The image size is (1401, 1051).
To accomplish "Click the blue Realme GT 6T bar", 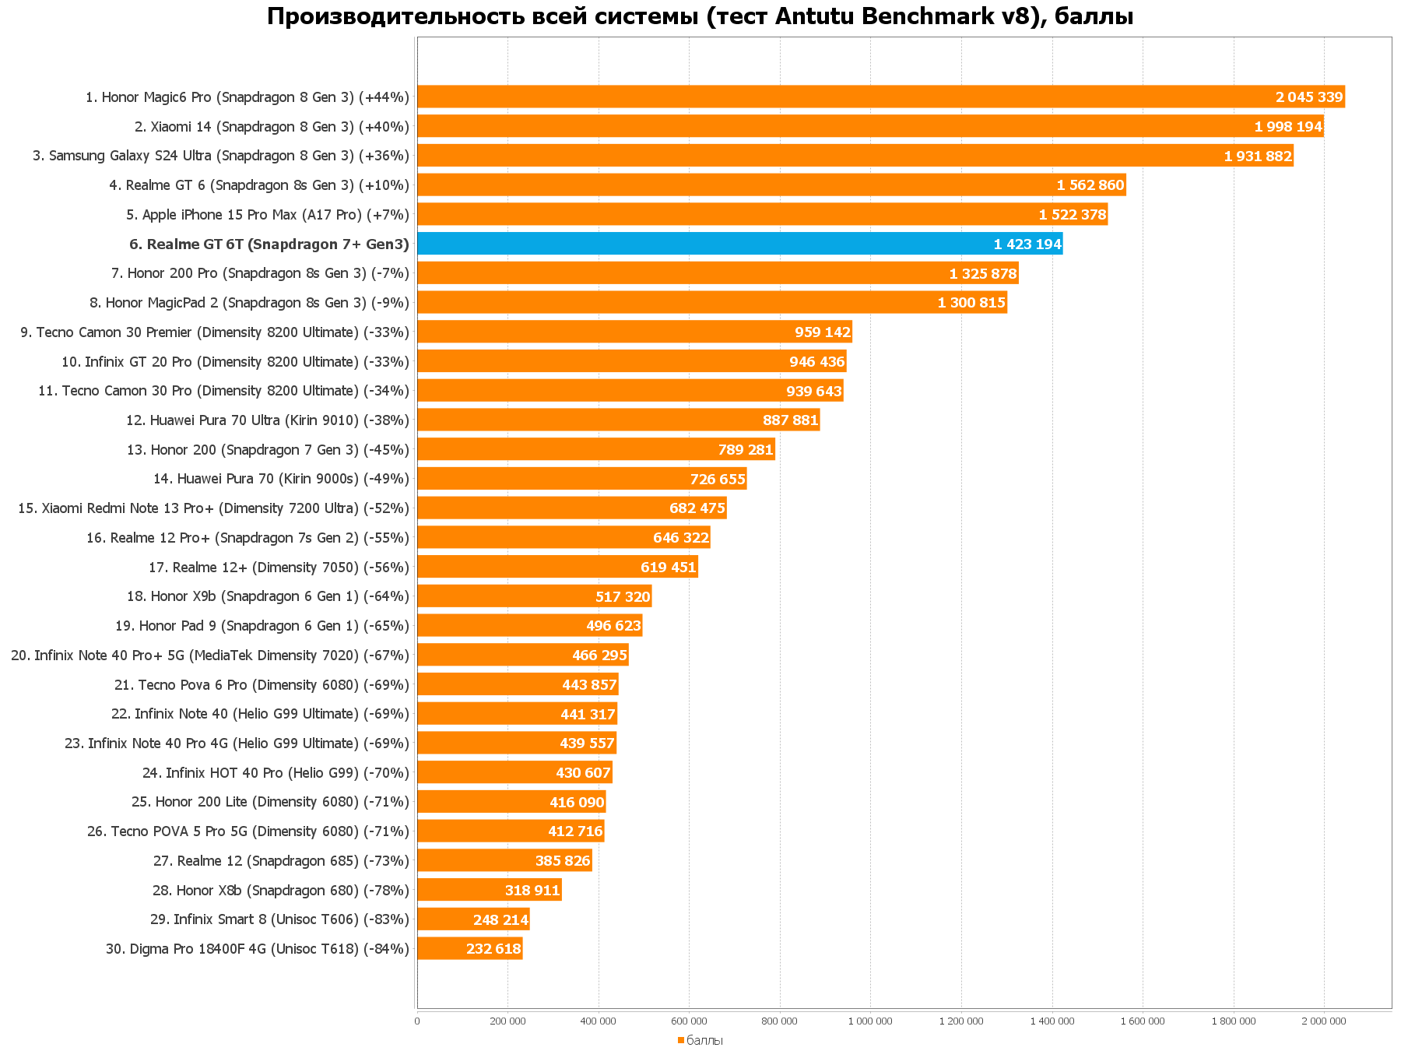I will tap(739, 244).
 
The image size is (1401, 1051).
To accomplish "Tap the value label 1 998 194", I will tap(1288, 127).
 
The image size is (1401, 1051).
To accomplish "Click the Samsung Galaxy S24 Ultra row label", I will tap(220, 156).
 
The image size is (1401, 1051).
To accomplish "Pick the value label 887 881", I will tap(790, 420).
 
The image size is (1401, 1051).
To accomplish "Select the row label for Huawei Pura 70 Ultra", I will tap(267, 420).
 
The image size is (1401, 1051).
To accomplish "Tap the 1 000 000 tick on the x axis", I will tap(870, 1021).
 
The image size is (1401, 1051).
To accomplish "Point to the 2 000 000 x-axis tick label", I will tap(1323, 1021).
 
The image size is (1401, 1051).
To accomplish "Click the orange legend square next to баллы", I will tap(680, 1040).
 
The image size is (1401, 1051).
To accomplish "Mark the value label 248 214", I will tap(500, 920).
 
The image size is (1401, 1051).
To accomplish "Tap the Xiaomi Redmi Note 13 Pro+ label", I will tap(213, 508).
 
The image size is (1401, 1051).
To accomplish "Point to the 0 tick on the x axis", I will tap(417, 1021).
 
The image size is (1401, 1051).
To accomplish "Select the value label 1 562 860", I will tap(1090, 185).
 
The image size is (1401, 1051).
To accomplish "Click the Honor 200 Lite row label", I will tap(270, 802).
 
